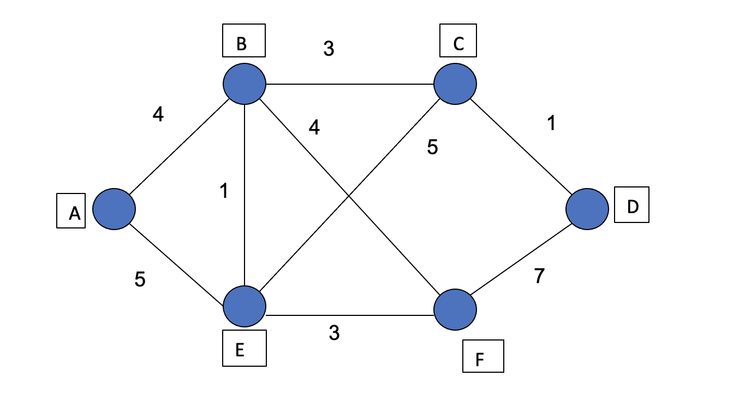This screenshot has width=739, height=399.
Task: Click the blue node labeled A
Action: click(114, 209)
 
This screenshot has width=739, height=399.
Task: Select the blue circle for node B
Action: click(245, 84)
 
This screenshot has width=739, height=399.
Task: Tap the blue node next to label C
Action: click(455, 84)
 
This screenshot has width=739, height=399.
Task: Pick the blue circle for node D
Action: click(587, 209)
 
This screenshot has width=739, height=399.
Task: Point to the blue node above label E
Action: click(245, 307)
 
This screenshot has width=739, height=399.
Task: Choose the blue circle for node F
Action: click(455, 310)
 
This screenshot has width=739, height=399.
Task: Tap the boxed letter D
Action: click(632, 207)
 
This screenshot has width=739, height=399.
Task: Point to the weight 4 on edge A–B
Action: click(158, 115)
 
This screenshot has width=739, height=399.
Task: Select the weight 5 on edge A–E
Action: click(140, 279)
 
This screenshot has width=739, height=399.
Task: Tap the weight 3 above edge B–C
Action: click(329, 49)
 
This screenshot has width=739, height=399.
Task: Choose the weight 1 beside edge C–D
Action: click(551, 124)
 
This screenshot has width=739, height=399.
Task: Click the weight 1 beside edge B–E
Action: click(223, 191)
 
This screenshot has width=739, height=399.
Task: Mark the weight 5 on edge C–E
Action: click(432, 147)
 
